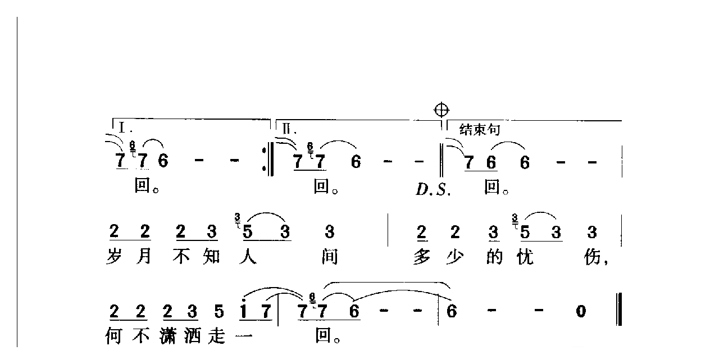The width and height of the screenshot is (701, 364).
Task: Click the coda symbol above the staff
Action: (x=442, y=110)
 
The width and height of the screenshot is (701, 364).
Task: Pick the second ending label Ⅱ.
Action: (x=287, y=128)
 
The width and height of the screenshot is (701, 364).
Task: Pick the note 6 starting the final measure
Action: (x=451, y=311)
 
